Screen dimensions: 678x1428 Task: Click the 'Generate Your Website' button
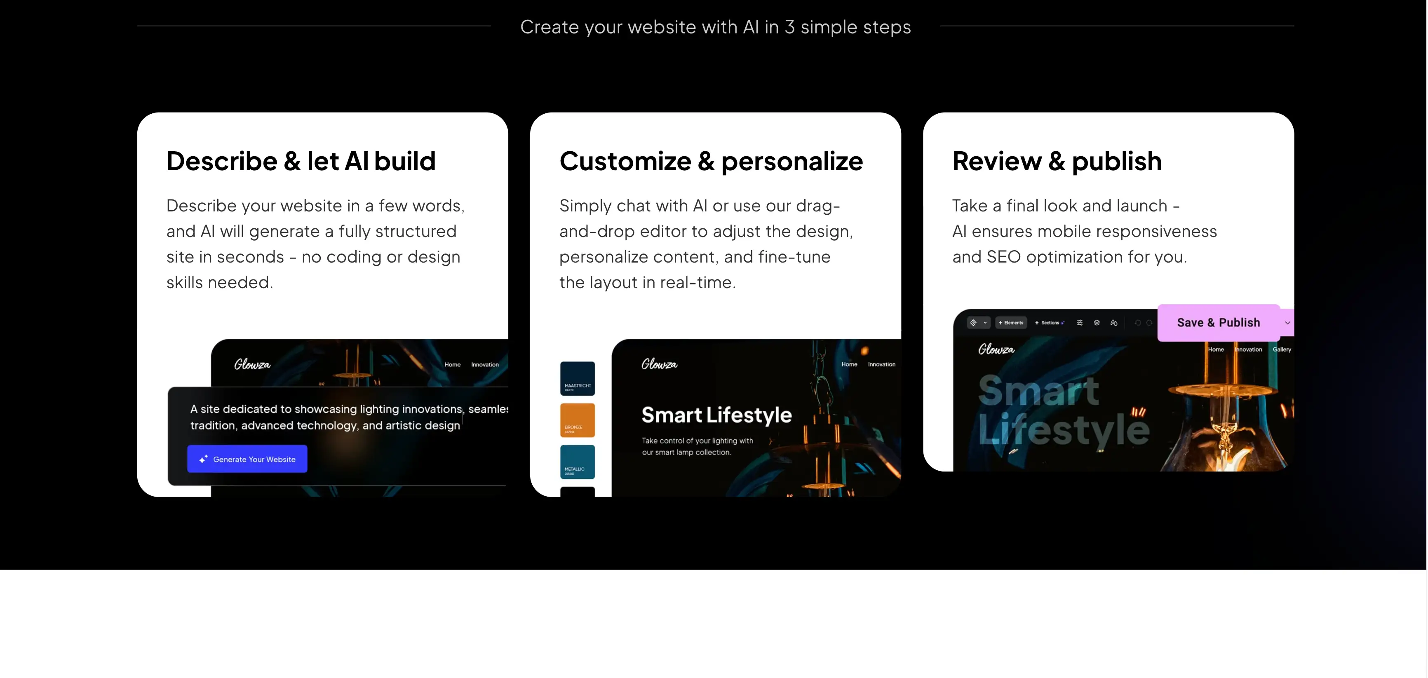247,459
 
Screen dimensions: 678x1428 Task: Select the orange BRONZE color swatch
577,420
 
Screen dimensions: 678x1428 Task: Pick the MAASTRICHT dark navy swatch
577,379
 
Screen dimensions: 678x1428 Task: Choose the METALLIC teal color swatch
577,462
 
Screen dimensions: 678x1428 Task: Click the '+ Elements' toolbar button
1011,323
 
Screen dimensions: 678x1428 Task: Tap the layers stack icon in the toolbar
1097,323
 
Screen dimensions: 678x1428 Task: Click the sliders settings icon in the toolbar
1079,323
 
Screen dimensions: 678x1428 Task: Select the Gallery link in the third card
1282,349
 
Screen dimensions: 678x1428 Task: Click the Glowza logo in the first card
252,364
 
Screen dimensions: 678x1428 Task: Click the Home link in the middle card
849,364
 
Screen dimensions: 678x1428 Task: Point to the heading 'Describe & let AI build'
301,161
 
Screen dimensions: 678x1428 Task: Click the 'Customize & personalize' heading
711,161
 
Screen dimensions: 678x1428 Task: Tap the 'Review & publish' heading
1057,161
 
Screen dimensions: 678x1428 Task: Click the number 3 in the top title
789,27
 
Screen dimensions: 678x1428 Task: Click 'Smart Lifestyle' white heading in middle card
716,415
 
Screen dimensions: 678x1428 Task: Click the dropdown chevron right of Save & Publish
1287,323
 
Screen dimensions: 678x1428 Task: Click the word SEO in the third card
1003,257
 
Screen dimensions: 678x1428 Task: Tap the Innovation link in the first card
484,365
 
